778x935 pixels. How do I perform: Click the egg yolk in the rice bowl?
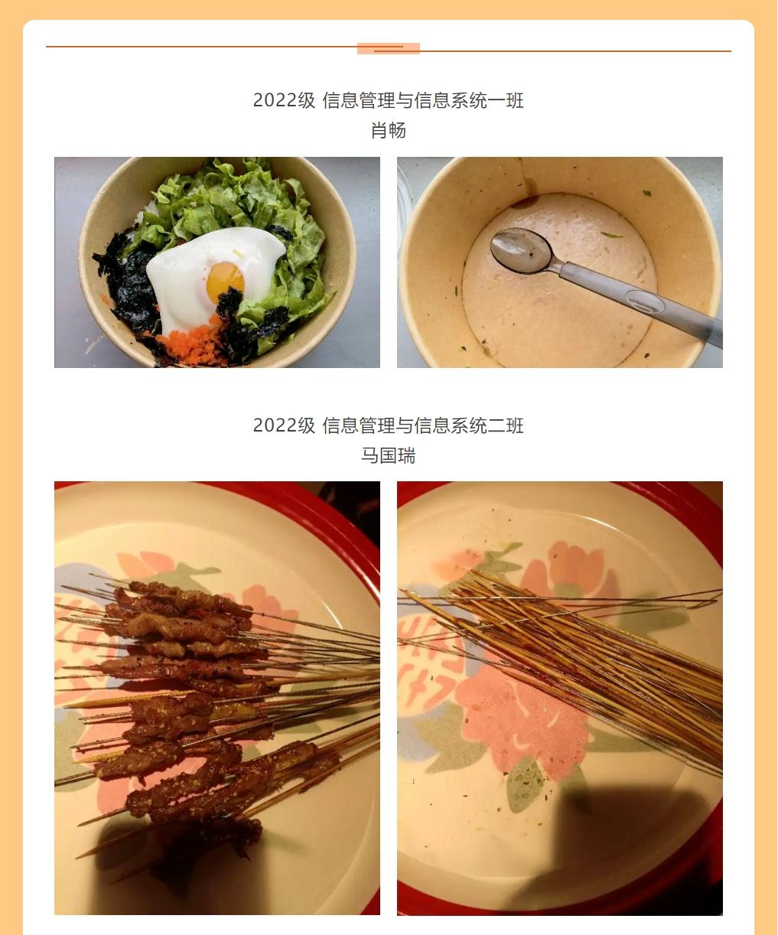tap(225, 282)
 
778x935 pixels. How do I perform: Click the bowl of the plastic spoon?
tap(522, 251)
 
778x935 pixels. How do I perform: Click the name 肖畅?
tap(389, 130)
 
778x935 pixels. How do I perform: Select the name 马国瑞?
tap(389, 456)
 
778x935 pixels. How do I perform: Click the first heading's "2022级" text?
tap(285, 100)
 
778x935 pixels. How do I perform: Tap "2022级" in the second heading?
tap(285, 425)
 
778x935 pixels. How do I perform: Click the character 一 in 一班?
tap(496, 100)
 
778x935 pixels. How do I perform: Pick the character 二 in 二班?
tap(496, 425)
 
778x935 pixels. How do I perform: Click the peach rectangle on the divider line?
tap(389, 48)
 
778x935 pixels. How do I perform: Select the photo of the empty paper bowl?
tap(559, 262)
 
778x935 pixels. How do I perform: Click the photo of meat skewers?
tap(217, 698)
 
